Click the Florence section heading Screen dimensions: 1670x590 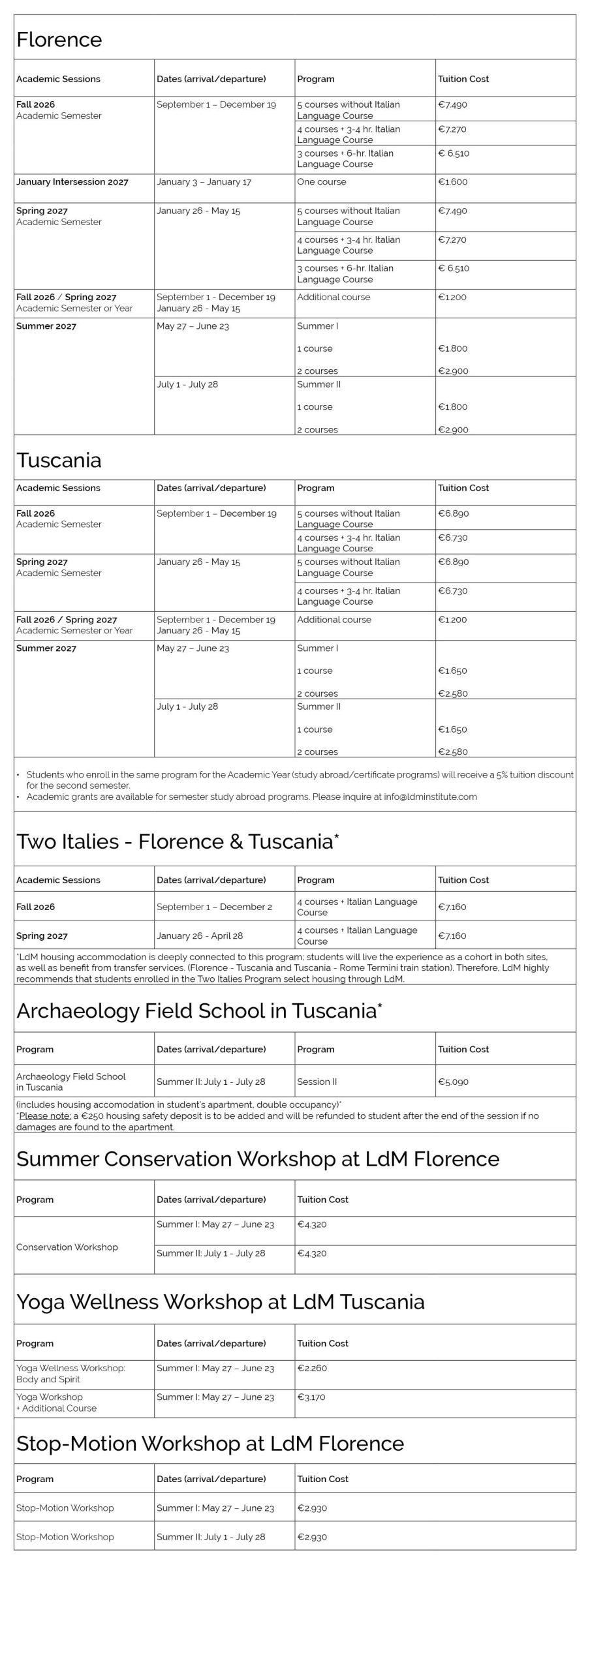click(x=59, y=40)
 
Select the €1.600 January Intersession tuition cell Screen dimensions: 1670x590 click(x=452, y=182)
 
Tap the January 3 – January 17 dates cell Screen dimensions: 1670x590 click(x=204, y=182)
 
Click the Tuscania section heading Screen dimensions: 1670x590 click(x=59, y=460)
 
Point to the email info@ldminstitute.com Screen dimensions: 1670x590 click(x=430, y=797)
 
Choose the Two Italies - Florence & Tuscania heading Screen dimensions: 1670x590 click(x=177, y=842)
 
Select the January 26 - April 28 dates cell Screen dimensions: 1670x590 click(x=200, y=935)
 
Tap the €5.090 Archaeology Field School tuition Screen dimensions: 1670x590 click(x=453, y=1082)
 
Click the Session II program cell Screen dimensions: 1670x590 click(x=317, y=1082)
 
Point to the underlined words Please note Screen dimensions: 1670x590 click(x=44, y=1116)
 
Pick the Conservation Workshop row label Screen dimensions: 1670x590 click(x=67, y=1247)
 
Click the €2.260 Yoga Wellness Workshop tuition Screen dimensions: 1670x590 click(x=312, y=1368)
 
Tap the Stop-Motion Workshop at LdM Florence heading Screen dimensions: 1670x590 click(x=210, y=1444)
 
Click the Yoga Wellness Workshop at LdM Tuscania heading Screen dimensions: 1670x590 click(x=221, y=1301)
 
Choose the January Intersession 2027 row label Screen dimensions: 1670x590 click(x=72, y=182)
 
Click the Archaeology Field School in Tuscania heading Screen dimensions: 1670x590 click(x=199, y=1010)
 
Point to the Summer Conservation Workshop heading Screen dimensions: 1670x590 click(x=258, y=1159)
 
